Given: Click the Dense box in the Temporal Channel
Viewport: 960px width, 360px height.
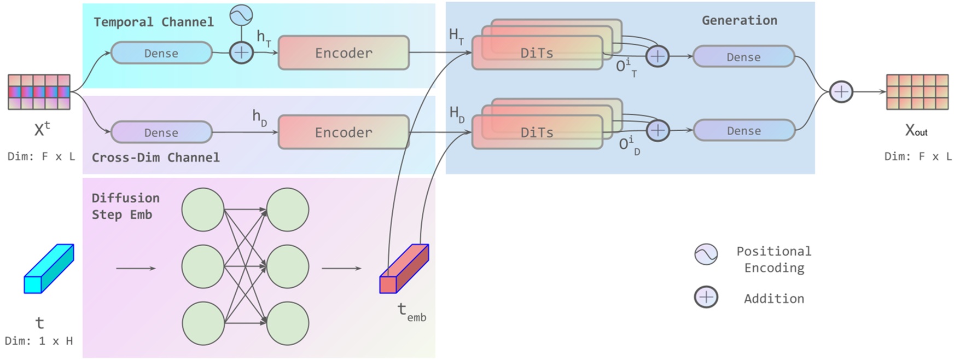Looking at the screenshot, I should [x=161, y=53].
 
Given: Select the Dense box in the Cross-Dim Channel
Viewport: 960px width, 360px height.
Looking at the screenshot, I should [x=161, y=132].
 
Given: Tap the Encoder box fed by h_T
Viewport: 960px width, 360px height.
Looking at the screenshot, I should [x=344, y=53].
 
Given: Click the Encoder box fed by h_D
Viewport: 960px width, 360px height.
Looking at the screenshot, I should [x=344, y=132].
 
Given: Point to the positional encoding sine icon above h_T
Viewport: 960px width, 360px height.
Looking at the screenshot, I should [x=241, y=15].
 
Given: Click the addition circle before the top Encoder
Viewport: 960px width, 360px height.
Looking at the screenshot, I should [x=241, y=53].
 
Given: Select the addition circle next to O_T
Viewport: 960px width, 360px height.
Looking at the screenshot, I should [x=657, y=56].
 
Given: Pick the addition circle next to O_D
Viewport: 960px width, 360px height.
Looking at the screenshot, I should [x=658, y=131].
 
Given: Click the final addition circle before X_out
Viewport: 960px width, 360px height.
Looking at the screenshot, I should [x=841, y=91].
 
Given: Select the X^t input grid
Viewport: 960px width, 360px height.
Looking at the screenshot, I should [x=39, y=92].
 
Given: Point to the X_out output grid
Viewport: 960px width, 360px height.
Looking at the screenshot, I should [x=917, y=92].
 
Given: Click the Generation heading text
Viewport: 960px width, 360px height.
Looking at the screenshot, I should [x=739, y=21].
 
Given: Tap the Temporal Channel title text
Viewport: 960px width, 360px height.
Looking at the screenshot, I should [x=154, y=22].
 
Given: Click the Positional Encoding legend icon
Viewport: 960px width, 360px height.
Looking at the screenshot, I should [x=706, y=254].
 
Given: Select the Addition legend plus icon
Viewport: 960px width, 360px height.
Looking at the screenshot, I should [x=706, y=298].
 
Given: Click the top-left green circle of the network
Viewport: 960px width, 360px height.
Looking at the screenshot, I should [x=203, y=210].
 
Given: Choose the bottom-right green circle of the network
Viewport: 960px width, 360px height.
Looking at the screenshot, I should [x=288, y=323].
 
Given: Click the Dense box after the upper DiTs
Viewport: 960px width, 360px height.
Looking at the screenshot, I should [x=743, y=57].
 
